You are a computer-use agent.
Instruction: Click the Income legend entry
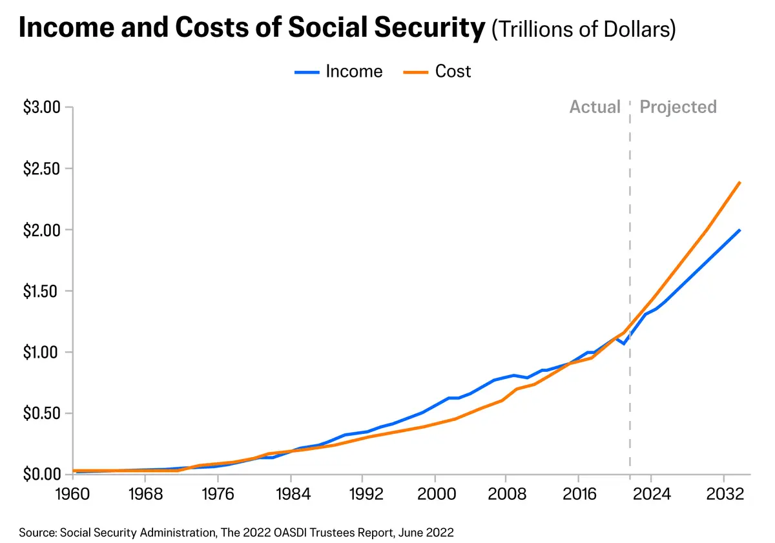[x=339, y=71]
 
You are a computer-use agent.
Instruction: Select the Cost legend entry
[x=437, y=71]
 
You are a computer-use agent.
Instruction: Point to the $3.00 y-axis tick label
[x=41, y=107]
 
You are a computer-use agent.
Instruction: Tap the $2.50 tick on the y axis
[x=41, y=169]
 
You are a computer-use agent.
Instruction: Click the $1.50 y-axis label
[x=41, y=291]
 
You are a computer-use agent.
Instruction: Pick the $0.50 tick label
[x=41, y=413]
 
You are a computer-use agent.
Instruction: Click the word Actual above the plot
[x=595, y=107]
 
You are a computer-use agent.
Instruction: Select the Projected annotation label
[x=678, y=107]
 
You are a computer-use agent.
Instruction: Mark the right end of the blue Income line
[x=740, y=230]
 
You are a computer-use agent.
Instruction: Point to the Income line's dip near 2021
[x=623, y=343]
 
